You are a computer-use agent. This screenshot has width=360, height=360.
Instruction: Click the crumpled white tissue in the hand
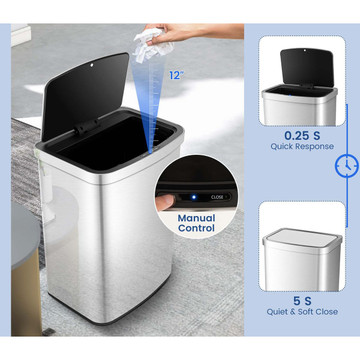point(153,45)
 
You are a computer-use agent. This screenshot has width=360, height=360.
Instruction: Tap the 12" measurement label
point(176,75)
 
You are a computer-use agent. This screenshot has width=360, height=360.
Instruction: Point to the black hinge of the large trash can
point(88,126)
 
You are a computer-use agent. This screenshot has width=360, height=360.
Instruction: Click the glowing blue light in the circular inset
point(193,197)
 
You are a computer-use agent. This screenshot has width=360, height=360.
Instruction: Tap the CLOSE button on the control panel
point(217,197)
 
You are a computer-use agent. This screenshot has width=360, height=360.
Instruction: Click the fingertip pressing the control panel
point(165,202)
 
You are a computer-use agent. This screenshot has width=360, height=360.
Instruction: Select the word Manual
point(196,218)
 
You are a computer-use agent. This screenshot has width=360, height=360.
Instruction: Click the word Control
point(196,228)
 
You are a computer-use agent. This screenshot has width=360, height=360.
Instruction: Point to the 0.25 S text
point(302,136)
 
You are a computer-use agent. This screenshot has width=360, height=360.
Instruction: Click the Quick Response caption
point(302,146)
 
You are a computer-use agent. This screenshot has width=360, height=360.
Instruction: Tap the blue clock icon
point(346,166)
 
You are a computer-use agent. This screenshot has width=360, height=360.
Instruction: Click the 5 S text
point(302,301)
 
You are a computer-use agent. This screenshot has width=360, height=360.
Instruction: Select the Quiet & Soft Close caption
point(302,312)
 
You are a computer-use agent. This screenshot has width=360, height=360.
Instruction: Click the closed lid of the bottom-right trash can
point(302,239)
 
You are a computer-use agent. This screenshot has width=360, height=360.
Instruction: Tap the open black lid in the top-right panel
point(307,68)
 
